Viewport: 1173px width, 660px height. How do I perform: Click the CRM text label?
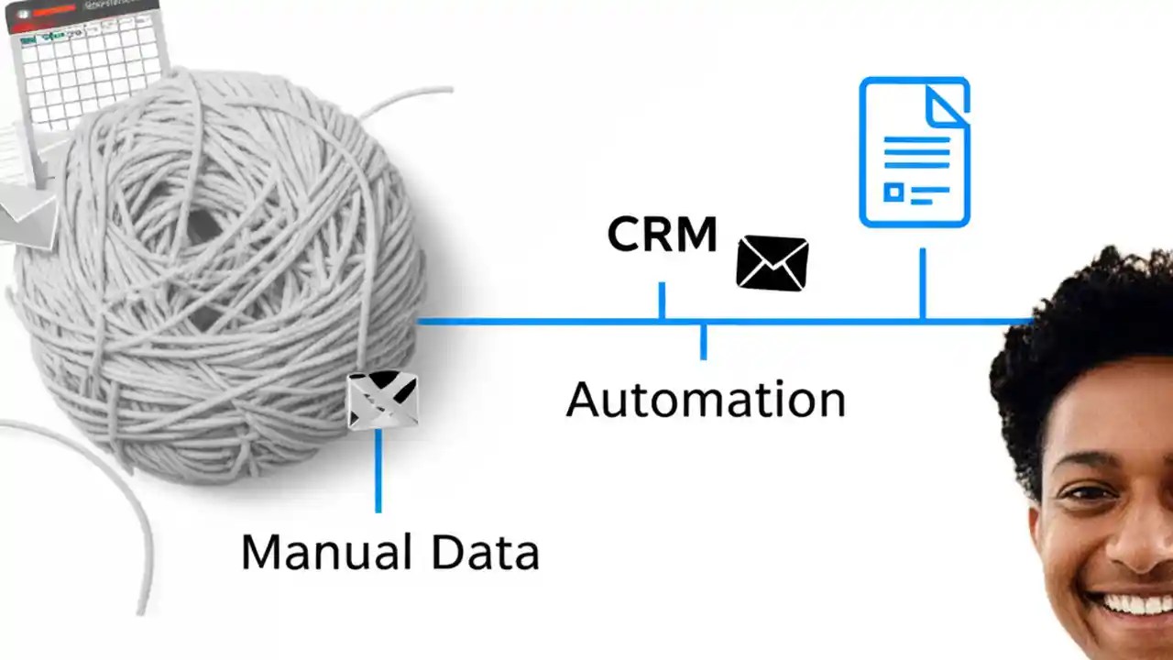click(662, 235)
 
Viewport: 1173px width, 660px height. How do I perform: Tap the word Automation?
click(705, 400)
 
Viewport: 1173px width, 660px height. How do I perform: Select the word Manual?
click(325, 552)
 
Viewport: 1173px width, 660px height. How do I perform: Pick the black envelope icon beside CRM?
click(773, 263)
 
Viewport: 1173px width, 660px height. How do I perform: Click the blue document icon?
click(914, 152)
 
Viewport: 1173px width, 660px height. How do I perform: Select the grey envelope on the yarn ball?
click(383, 401)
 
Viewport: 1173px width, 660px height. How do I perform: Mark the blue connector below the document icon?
click(922, 283)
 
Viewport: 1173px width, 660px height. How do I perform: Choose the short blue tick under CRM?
click(661, 301)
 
